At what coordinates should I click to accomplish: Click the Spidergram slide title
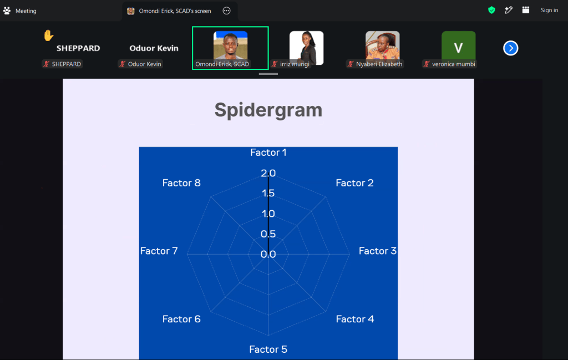[x=268, y=110]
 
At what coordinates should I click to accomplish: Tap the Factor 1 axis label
[x=268, y=153]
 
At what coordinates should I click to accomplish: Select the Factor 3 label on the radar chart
[x=377, y=251]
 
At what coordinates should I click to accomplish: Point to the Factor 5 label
[x=268, y=349]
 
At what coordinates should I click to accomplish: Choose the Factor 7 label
[x=159, y=251]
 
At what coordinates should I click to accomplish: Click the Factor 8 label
[x=181, y=183]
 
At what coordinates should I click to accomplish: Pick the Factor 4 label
[x=355, y=319]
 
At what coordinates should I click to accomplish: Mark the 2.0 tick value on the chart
[x=268, y=173]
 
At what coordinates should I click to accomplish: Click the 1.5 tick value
[x=268, y=193]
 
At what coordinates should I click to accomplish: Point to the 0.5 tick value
[x=268, y=234]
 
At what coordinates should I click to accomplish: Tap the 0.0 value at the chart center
[x=268, y=254]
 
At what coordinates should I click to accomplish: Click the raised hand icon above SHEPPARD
[x=49, y=36]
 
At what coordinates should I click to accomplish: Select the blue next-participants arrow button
[x=510, y=48]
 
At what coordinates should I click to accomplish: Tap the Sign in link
[x=549, y=10]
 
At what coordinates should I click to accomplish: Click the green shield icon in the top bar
[x=491, y=10]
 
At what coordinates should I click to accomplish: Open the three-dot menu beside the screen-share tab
[x=226, y=11]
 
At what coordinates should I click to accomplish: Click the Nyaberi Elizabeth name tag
[x=376, y=64]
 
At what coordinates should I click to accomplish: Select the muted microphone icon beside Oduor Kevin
[x=123, y=64]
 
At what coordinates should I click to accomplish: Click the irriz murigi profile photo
[x=306, y=48]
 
